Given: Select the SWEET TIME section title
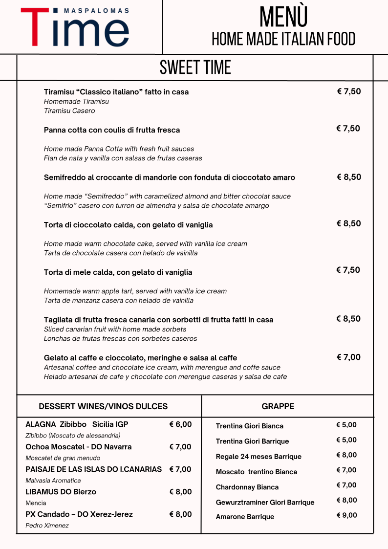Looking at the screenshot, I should [x=195, y=67].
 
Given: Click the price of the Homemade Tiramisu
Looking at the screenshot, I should [x=349, y=91].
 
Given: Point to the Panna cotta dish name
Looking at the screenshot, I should [x=112, y=130].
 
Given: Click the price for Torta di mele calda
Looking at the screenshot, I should [x=348, y=270].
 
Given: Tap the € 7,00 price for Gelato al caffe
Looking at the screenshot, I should [x=348, y=357].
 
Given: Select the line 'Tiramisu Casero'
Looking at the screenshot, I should [x=69, y=111].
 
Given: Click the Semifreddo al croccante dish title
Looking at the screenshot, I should [x=169, y=177].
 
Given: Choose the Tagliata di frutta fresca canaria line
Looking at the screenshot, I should [x=158, y=320].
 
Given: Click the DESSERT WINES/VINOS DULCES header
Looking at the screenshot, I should [x=103, y=406].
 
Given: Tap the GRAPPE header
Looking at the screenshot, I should [x=278, y=406].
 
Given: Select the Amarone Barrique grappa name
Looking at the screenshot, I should [x=245, y=517].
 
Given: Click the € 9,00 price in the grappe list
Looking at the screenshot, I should [x=346, y=515].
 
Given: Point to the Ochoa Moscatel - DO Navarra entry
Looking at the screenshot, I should [x=78, y=447].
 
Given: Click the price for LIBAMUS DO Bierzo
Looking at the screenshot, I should [x=180, y=492].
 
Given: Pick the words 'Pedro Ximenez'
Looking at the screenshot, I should [x=47, y=526].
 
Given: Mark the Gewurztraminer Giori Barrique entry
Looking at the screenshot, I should [x=265, y=503].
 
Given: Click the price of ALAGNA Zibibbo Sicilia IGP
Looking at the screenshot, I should [x=180, y=424].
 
